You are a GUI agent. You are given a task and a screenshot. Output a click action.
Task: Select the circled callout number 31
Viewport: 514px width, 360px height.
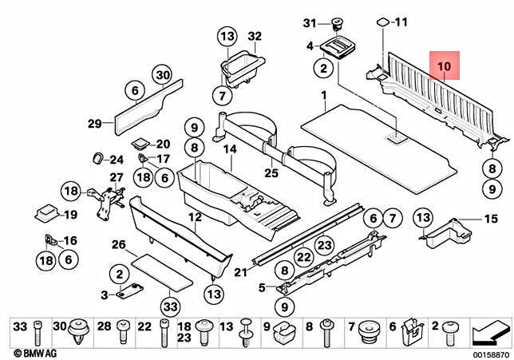click(312, 22)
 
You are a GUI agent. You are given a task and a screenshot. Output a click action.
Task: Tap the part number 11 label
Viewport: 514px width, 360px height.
click(400, 22)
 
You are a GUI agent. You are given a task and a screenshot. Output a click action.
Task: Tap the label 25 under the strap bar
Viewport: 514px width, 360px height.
click(271, 173)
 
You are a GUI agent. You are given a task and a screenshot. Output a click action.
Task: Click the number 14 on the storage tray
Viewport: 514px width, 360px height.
click(230, 150)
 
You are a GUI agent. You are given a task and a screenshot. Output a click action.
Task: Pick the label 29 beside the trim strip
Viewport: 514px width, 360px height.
click(94, 123)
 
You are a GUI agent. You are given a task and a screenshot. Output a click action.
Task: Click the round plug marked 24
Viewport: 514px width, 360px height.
click(99, 155)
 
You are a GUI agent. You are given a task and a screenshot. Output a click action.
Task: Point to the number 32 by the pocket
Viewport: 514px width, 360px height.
click(254, 37)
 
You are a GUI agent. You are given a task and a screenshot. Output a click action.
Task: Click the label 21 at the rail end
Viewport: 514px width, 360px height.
click(237, 274)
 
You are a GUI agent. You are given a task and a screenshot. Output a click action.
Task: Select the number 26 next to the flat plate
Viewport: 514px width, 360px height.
click(118, 244)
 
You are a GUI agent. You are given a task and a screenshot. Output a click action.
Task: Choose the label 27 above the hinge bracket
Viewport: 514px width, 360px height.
click(117, 177)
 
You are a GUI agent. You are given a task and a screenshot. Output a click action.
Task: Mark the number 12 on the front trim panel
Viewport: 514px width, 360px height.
click(195, 216)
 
